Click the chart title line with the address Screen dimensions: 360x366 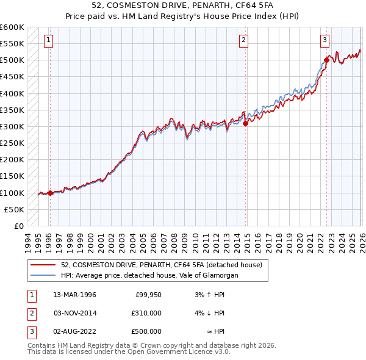click(182, 6)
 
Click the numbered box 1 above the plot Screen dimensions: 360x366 click(49, 40)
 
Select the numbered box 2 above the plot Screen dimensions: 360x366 click(243, 40)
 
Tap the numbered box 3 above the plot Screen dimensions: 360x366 click(325, 40)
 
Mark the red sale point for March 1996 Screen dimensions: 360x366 click(50, 193)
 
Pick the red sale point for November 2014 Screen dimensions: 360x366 click(246, 123)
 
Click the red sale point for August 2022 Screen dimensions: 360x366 click(327, 60)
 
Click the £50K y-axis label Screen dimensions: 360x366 click(14, 209)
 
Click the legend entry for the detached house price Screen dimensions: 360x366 click(162, 265)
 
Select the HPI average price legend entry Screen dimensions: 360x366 click(149, 275)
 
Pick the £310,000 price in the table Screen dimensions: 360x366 click(146, 313)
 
